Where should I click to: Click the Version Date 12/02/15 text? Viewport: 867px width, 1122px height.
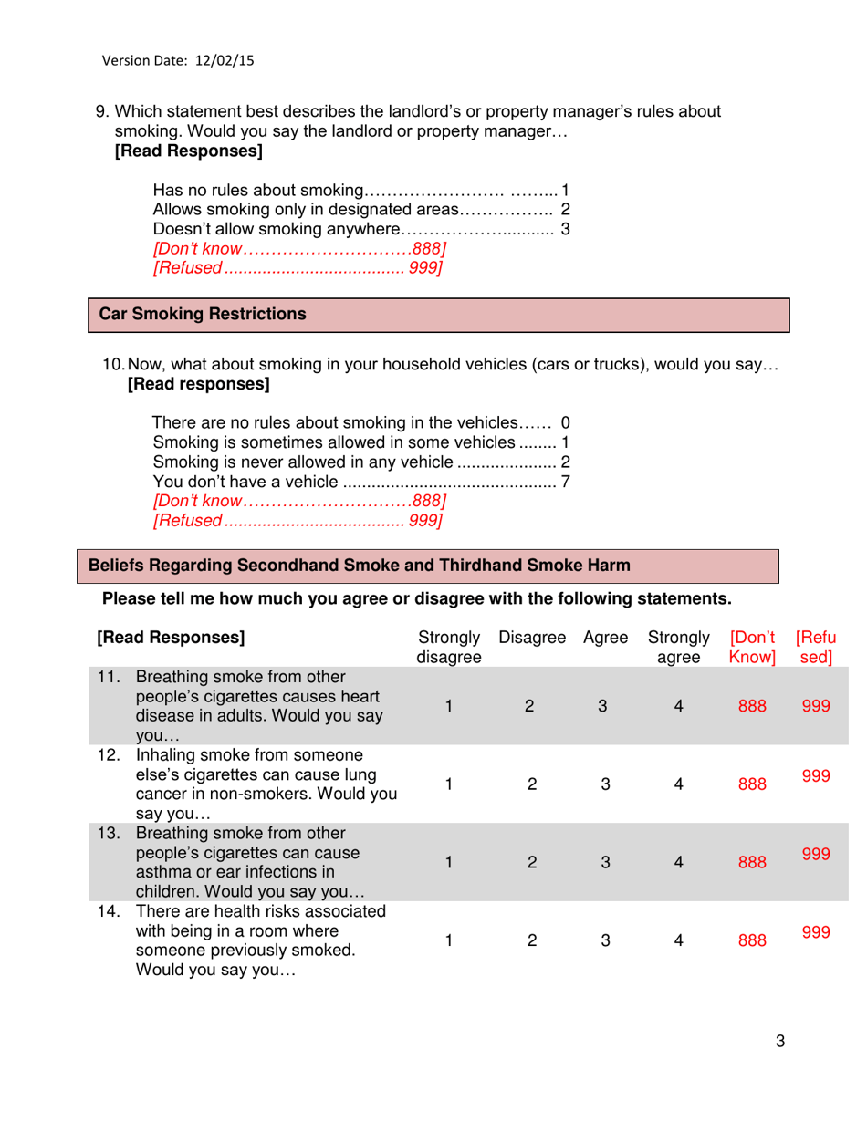pyautogui.click(x=178, y=61)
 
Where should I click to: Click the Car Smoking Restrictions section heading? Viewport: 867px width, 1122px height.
pyautogui.click(x=203, y=315)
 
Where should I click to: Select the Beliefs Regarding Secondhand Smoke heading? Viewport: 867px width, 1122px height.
pyautogui.click(x=358, y=566)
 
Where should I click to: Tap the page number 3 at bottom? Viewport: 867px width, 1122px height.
pyautogui.click(x=780, y=1043)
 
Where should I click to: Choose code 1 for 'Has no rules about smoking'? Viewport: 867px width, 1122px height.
pyautogui.click(x=565, y=191)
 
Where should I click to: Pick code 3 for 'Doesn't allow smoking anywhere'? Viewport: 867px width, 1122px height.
pyautogui.click(x=565, y=228)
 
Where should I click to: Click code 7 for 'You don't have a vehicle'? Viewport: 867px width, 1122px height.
pyautogui.click(x=565, y=481)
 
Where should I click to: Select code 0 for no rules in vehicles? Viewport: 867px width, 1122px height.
pyautogui.click(x=565, y=423)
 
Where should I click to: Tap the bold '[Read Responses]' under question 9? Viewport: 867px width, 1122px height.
pyautogui.click(x=188, y=152)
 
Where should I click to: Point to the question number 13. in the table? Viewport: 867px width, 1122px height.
pyautogui.click(x=110, y=833)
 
